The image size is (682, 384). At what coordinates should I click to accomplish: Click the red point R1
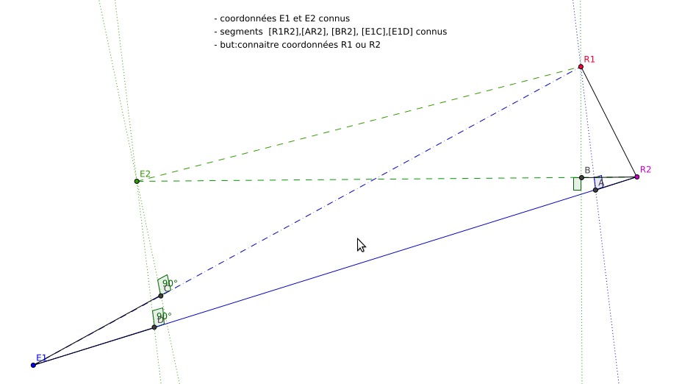[x=581, y=66]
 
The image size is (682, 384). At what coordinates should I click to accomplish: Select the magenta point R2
[x=636, y=177]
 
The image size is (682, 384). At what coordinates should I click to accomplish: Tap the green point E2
[x=137, y=181]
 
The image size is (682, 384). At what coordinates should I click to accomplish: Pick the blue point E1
[x=33, y=365]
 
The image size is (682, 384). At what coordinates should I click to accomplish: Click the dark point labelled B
[x=581, y=177]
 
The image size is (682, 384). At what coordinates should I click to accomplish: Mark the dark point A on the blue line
[x=595, y=190]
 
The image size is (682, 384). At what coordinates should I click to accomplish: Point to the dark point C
[x=161, y=296]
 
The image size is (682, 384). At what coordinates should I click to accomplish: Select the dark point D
[x=154, y=327]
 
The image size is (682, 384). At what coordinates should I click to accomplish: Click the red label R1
[x=589, y=59]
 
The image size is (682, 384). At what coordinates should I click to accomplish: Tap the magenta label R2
[x=645, y=169]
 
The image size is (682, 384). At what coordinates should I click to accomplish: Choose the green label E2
[x=146, y=174]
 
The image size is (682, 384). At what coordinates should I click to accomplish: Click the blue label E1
[x=41, y=358]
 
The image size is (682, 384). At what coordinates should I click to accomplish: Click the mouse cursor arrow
[x=360, y=244]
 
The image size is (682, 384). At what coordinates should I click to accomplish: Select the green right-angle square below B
[x=577, y=184]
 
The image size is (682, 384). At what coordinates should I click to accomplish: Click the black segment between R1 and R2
[x=609, y=121]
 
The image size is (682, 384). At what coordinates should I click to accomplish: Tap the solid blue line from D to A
[x=367, y=260]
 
